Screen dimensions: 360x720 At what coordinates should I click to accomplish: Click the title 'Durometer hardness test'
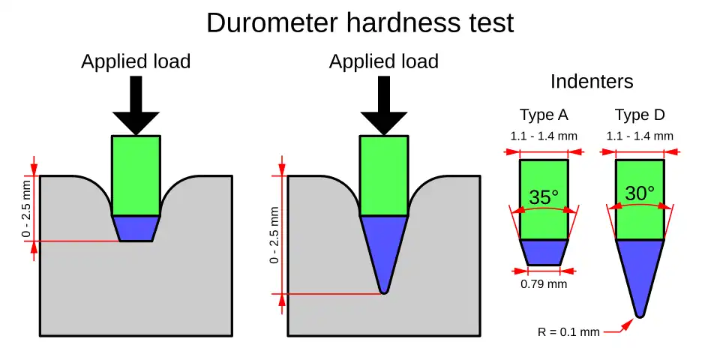360,23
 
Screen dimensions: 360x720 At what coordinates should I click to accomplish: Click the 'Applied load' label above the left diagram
136,62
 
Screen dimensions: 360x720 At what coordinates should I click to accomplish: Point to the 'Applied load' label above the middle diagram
383,62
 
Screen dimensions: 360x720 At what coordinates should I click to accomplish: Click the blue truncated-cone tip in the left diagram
136,229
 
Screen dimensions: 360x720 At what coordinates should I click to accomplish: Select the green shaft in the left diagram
136,175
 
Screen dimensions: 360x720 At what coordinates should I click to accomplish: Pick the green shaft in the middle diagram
383,175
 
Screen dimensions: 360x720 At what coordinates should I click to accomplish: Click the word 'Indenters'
592,82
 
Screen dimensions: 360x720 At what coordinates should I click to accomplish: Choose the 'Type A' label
544,115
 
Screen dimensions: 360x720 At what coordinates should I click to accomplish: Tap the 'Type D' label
640,115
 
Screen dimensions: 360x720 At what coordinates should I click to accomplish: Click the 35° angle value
544,198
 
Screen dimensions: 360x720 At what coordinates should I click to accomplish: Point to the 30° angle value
640,193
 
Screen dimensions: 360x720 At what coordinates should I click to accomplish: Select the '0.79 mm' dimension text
544,284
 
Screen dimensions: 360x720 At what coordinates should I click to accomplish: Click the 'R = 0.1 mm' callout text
568,331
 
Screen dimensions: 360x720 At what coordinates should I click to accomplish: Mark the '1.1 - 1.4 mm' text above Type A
544,136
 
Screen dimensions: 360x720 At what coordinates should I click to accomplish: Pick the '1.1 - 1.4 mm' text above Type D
640,136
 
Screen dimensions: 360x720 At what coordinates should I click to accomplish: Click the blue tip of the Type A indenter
544,252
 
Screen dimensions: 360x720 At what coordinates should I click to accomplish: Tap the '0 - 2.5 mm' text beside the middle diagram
274,235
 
